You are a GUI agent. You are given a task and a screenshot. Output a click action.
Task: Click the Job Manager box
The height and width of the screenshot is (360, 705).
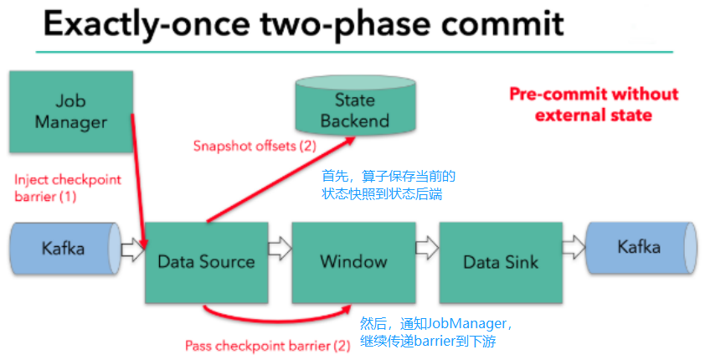click(x=70, y=111)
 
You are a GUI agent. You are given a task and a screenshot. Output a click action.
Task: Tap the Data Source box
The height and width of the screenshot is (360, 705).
click(x=206, y=262)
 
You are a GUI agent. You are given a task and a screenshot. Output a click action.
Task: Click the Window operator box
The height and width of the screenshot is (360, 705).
click(x=353, y=262)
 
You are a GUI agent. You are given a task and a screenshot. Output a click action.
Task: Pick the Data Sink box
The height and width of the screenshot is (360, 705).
click(x=500, y=262)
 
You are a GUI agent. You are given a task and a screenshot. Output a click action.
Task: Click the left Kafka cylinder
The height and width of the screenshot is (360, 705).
click(x=63, y=249)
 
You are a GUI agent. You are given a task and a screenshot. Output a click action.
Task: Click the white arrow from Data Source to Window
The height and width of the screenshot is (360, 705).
click(x=279, y=248)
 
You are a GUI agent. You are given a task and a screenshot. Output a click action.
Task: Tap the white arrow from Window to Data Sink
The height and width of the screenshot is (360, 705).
click(x=426, y=248)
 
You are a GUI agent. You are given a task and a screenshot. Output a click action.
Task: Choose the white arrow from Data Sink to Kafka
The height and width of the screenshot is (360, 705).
click(x=574, y=248)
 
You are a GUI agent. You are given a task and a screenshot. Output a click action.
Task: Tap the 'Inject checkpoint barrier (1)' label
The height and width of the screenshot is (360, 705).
click(x=68, y=188)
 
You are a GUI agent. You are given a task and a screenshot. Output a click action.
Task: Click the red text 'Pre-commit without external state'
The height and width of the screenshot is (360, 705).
click(x=594, y=104)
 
